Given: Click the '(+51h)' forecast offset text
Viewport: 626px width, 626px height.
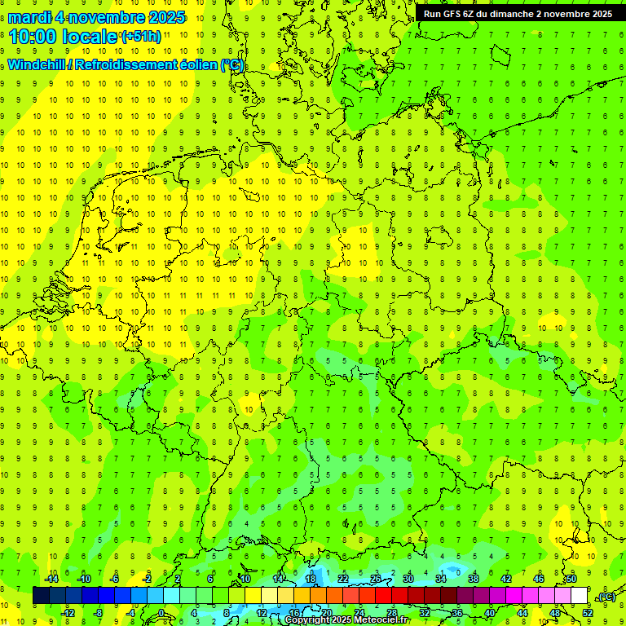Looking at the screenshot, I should [141, 37].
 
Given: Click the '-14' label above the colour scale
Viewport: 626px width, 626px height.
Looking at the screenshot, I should [52, 579].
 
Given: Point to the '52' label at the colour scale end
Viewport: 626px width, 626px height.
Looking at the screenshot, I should [588, 612].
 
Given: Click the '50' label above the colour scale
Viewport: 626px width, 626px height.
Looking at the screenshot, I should [571, 579].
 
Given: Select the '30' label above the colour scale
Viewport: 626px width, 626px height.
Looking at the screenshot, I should [408, 579].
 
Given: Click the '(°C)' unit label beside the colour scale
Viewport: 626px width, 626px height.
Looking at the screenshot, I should [606, 597].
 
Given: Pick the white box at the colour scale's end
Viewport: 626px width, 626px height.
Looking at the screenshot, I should [579, 596].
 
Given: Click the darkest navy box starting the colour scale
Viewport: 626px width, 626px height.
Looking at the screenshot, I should [41, 596].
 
